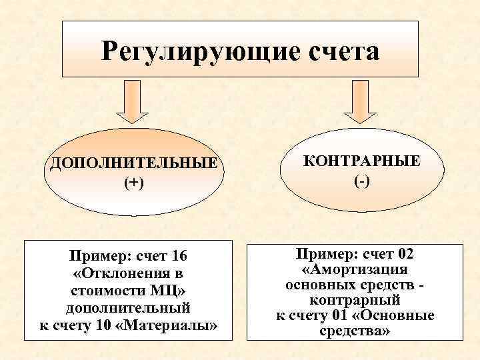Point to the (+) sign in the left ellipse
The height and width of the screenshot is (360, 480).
click(131, 183)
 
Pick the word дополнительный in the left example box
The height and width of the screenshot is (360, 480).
click(127, 308)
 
